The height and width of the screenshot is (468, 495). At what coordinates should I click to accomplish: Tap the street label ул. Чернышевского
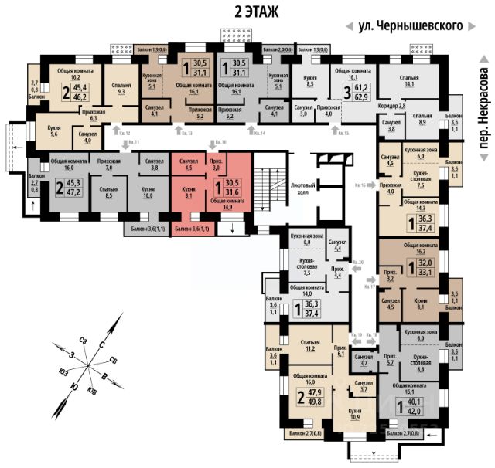(410, 25)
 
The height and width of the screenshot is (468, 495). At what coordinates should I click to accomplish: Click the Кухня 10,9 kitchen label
(356, 413)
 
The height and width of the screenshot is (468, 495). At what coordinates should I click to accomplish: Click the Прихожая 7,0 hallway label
(108, 164)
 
